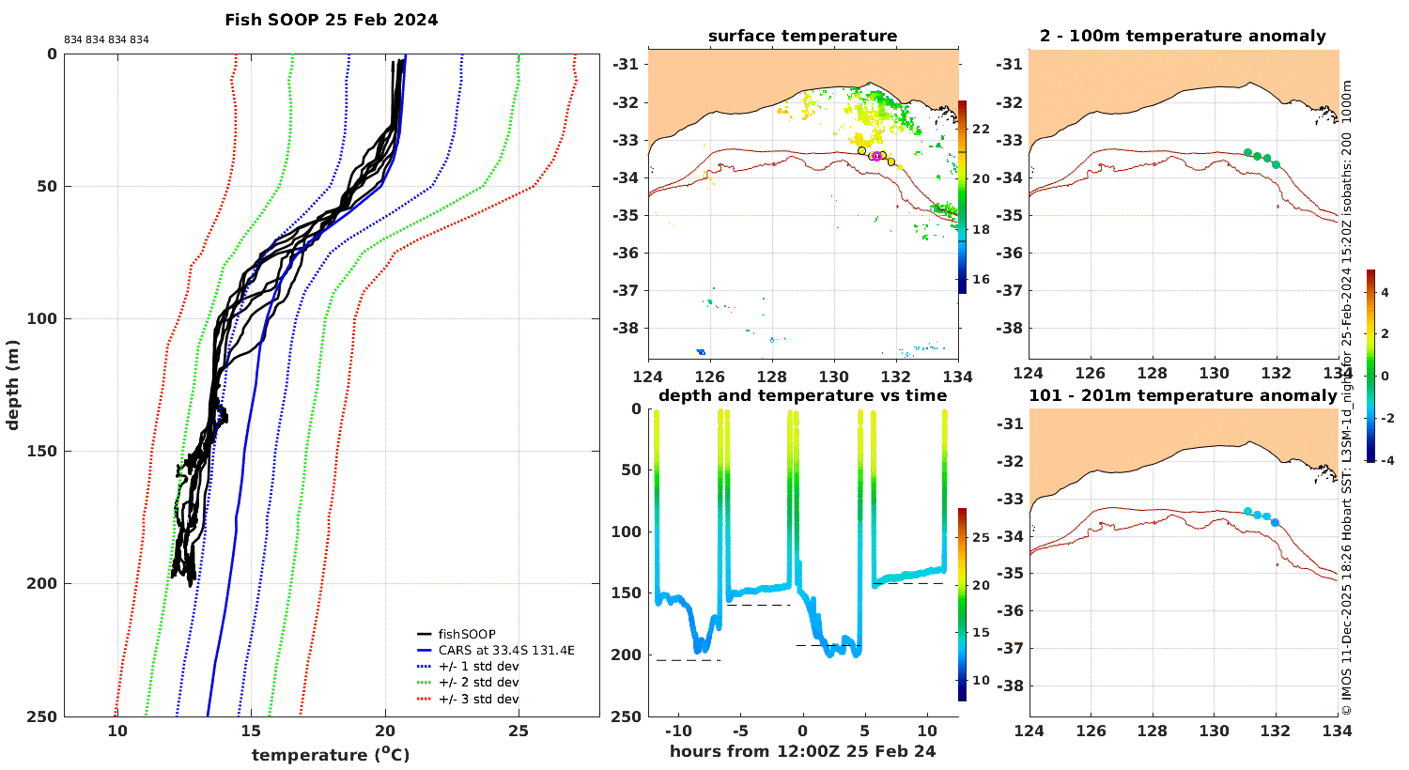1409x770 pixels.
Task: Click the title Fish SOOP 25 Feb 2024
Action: click(x=332, y=20)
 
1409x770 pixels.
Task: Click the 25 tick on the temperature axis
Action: click(x=519, y=731)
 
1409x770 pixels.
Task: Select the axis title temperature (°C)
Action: click(x=331, y=754)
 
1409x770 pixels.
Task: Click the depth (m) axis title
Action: click(x=12, y=385)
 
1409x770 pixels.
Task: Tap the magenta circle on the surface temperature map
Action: click(x=876, y=157)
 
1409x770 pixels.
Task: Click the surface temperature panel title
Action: click(x=802, y=36)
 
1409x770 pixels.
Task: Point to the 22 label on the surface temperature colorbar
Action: click(x=982, y=129)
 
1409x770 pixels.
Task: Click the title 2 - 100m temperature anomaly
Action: click(x=1184, y=36)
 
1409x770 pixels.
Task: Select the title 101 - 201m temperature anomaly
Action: click(x=1183, y=395)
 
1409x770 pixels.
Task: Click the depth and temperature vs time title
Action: click(x=802, y=395)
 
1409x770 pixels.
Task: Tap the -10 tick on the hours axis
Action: click(x=678, y=731)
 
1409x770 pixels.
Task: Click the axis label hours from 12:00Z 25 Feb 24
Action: click(x=802, y=751)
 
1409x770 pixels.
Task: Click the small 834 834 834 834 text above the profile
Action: click(x=106, y=39)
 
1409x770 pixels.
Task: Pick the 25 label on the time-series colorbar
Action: click(x=982, y=537)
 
